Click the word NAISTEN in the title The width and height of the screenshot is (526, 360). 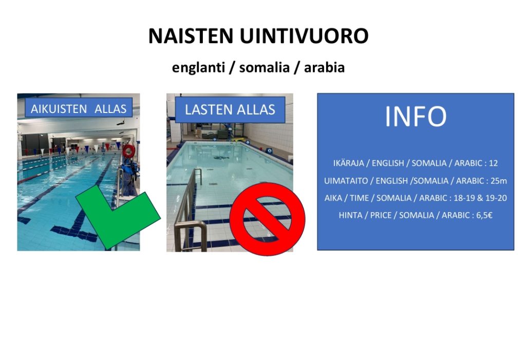(191, 36)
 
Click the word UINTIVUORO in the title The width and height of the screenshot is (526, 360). (304, 36)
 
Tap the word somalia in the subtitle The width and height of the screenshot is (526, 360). (265, 67)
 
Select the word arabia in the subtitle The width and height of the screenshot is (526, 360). (325, 67)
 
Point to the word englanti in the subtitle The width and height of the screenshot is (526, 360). (198, 68)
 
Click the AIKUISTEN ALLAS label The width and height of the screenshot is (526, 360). (79, 109)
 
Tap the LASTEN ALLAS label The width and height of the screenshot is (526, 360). (230, 110)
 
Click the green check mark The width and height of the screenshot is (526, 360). (118, 218)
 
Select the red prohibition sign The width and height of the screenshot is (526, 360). (267, 219)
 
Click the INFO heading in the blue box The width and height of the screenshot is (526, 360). (416, 117)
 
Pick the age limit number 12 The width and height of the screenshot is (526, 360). (494, 163)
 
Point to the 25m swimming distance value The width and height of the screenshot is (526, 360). (499, 181)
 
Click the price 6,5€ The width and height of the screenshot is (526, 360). (484, 215)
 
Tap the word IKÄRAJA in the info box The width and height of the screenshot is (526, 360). (349, 163)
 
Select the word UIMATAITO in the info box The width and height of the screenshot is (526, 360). (346, 181)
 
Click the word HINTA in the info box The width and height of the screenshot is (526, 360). (350, 215)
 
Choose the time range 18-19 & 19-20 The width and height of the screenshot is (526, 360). (480, 198)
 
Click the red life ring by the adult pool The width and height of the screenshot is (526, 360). (128, 151)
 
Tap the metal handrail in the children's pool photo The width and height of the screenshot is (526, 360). (189, 212)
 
